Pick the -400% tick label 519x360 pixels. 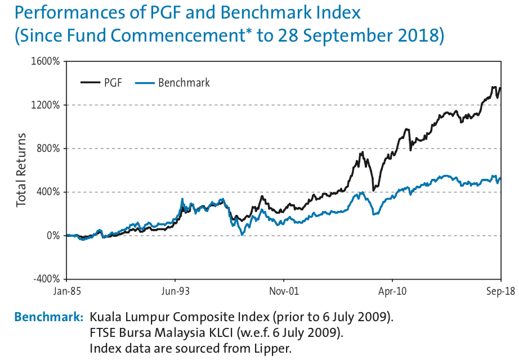(x=47, y=279)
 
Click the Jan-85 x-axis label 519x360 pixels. (x=67, y=291)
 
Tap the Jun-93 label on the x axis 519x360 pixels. (x=175, y=291)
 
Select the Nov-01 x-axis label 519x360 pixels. (x=284, y=291)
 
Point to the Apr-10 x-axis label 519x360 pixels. (x=392, y=291)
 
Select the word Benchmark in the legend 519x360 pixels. (x=184, y=83)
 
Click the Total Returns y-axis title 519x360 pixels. (x=22, y=170)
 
